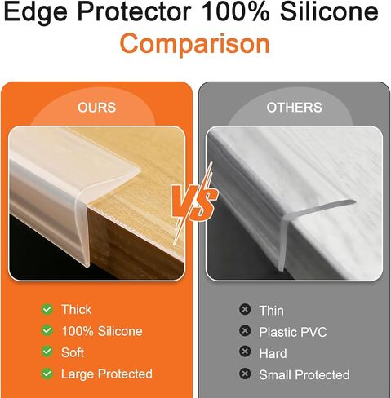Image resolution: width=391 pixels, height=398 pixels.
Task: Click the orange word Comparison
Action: [x=194, y=43]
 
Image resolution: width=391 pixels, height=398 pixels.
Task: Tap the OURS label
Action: [x=97, y=108]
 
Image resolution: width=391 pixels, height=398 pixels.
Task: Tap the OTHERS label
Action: [x=294, y=108]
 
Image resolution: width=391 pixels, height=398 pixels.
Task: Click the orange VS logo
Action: [x=194, y=202]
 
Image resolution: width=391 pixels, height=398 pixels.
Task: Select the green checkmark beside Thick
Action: [x=47, y=309]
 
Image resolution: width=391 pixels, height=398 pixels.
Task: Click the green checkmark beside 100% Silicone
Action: [x=47, y=330]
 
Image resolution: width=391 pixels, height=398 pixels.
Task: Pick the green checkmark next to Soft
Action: [x=47, y=352]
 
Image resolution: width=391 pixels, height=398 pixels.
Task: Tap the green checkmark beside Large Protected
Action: [x=47, y=374]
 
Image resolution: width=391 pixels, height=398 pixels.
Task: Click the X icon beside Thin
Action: [x=245, y=309]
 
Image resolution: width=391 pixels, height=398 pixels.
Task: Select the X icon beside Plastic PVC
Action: [x=245, y=331]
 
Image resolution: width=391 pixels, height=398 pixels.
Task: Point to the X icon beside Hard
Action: [x=245, y=352]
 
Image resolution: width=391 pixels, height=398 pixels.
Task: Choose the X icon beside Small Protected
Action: [x=245, y=374]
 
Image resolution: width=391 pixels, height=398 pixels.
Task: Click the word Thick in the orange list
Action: [x=77, y=309]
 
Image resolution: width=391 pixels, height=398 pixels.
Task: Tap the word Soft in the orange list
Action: [x=73, y=352]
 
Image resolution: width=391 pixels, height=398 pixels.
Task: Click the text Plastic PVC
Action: [x=293, y=332]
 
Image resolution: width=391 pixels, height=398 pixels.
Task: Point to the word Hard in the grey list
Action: [x=273, y=353]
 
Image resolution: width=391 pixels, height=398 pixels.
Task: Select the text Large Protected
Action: [x=107, y=374]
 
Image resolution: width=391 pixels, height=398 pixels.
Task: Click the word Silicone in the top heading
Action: [x=329, y=11]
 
